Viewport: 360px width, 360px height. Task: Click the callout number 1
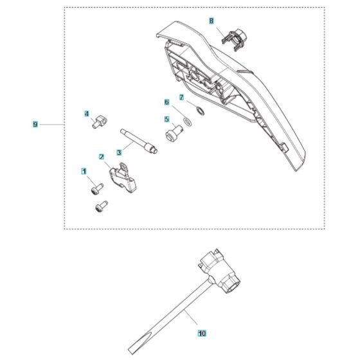point(84,171)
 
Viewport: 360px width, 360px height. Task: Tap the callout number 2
point(102,157)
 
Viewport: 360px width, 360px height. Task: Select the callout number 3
point(119,152)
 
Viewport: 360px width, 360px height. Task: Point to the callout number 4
point(87,114)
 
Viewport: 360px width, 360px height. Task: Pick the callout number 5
point(167,120)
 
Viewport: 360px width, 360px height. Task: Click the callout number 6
point(167,102)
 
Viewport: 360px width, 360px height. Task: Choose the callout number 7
point(181,98)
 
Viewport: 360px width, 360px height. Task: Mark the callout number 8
point(212,21)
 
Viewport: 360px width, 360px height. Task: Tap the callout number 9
point(35,125)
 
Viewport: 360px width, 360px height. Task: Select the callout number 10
point(202,333)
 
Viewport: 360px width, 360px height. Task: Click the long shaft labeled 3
point(139,141)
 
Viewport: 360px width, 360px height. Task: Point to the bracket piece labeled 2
point(123,177)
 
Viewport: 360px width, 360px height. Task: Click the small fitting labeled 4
point(100,122)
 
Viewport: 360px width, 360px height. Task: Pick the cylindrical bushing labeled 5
point(174,134)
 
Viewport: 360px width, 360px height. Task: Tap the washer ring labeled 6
point(188,122)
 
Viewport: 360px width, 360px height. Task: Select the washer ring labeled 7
point(201,111)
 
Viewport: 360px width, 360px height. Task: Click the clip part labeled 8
point(234,39)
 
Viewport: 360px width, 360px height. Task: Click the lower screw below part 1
point(102,206)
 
